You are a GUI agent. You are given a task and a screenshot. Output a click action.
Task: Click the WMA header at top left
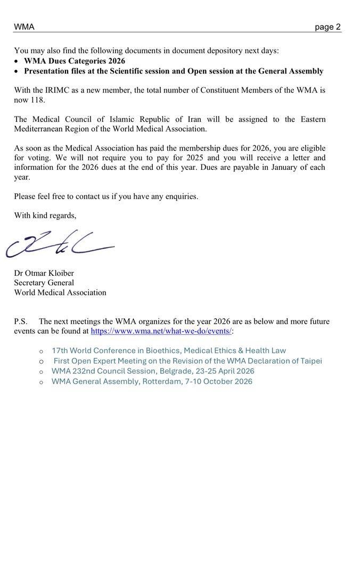point(24,27)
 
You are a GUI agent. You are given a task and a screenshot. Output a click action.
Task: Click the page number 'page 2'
point(328,27)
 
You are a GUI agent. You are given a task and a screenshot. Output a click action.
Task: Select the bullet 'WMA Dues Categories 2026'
point(75,61)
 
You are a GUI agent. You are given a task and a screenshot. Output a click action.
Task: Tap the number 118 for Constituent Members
point(37,100)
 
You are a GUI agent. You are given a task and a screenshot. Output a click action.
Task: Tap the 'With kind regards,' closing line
point(45,216)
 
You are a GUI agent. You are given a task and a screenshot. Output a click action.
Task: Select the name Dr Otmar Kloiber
point(44,273)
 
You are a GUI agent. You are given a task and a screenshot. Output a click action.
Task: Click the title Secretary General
point(44,283)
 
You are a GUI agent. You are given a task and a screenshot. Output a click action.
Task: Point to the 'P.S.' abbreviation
point(21,322)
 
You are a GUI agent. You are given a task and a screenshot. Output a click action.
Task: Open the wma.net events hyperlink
point(161,331)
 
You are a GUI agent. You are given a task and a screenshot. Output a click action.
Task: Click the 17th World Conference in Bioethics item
point(169,351)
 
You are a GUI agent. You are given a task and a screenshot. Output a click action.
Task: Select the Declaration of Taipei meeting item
point(187,361)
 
